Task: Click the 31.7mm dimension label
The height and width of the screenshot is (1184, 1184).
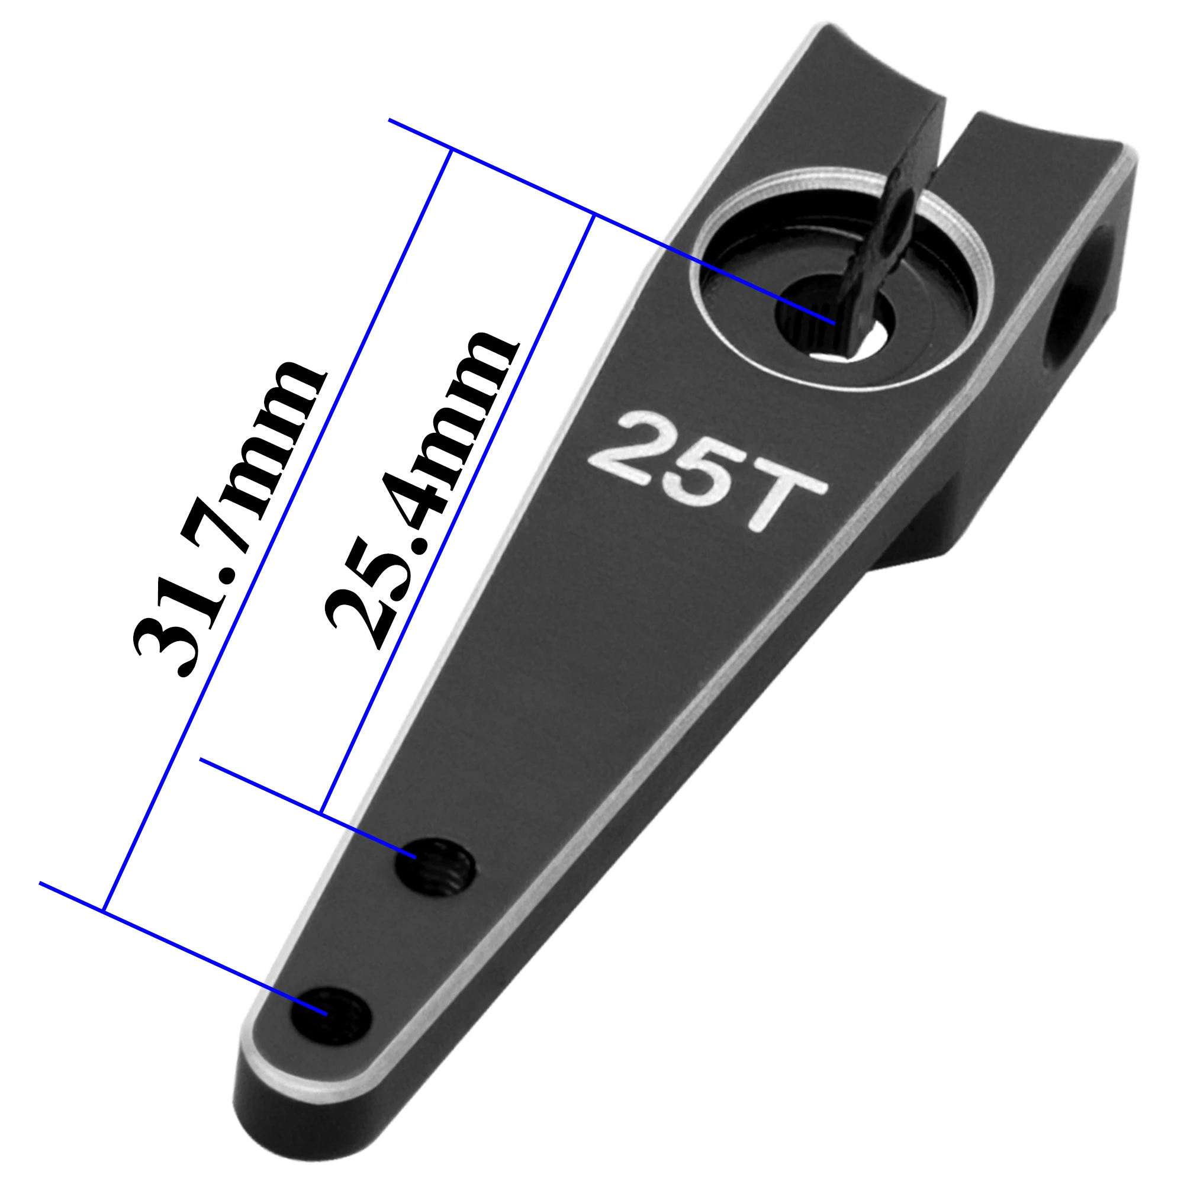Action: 227,521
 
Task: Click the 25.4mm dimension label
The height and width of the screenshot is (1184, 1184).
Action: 423,490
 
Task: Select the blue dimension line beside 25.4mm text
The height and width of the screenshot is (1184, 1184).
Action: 456,515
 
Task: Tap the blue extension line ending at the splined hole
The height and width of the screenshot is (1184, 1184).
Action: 613,224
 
